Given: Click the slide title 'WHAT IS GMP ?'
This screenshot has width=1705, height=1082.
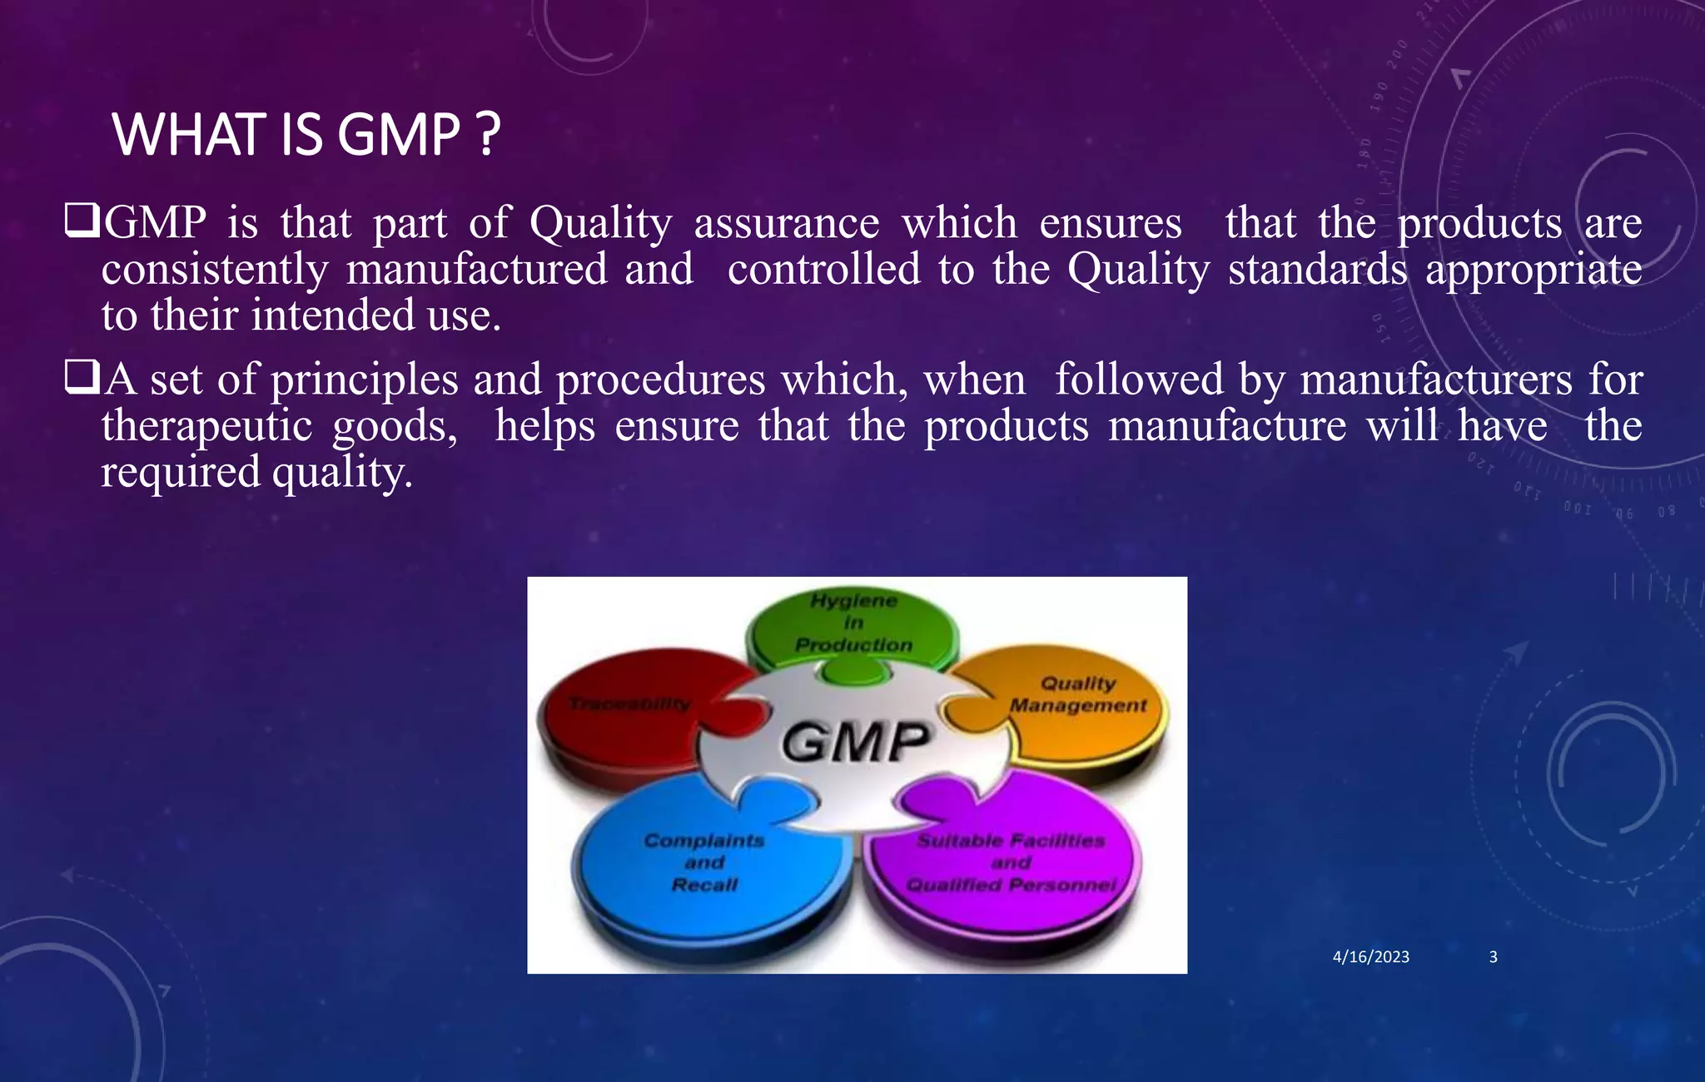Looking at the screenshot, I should (306, 135).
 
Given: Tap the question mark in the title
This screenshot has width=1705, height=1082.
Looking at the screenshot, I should (490, 135).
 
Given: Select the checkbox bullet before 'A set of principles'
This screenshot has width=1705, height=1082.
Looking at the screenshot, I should (82, 378).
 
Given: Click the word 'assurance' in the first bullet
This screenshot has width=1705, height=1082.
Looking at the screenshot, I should (786, 223).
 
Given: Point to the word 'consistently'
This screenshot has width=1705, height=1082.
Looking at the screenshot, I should (215, 270).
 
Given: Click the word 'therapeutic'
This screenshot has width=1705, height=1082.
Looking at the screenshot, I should (206, 426).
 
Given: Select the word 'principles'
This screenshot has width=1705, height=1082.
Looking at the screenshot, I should (364, 380).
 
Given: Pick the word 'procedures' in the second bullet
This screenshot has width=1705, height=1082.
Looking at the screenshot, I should (659, 380).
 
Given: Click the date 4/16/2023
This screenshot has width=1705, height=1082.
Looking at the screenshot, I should (1370, 957).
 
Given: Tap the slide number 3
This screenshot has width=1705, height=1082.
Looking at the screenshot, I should (1493, 957).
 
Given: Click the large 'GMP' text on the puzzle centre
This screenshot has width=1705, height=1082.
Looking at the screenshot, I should (855, 742).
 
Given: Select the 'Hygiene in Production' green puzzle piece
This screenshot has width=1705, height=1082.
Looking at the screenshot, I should (853, 623).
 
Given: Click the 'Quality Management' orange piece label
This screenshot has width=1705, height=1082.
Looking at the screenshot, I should (1078, 694).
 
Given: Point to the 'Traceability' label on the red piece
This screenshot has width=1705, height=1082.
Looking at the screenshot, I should (629, 704).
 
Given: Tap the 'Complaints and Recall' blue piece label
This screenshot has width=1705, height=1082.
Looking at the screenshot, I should (704, 862).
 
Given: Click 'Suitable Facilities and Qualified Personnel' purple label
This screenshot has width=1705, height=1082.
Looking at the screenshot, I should (1011, 862).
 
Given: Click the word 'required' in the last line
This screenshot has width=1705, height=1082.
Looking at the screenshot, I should (181, 473).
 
